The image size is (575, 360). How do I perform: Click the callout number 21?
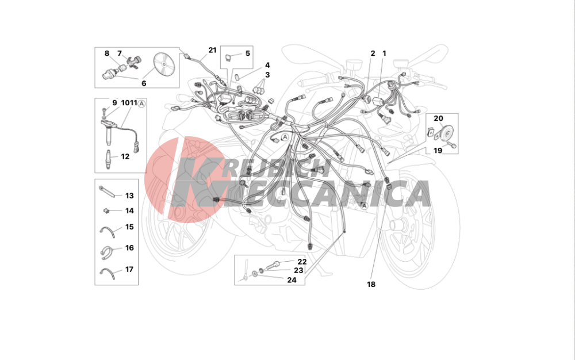pyautogui.click(x=212, y=50)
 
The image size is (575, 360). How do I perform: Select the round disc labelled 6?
pyautogui.click(x=163, y=64)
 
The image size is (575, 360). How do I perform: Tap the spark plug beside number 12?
pyautogui.click(x=108, y=159)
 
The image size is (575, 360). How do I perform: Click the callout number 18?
pyautogui.click(x=371, y=284)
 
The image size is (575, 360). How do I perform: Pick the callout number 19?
pyautogui.click(x=438, y=151)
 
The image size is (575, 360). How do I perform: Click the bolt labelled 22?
pyautogui.click(x=275, y=263)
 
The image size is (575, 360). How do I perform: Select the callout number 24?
pyautogui.click(x=292, y=280)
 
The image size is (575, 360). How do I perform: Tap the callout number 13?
pyautogui.click(x=129, y=196)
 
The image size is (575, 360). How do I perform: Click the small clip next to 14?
pyautogui.click(x=106, y=210)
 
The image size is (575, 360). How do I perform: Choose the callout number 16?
pyautogui.click(x=129, y=248)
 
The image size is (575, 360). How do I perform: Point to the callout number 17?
pyautogui.click(x=129, y=270)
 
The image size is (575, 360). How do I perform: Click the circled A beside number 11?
pyautogui.click(x=141, y=104)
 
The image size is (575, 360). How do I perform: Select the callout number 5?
pyautogui.click(x=247, y=53)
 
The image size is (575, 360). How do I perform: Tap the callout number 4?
pyautogui.click(x=267, y=65)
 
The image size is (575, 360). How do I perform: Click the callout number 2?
pyautogui.click(x=373, y=53)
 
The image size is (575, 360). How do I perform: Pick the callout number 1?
pyautogui.click(x=384, y=53)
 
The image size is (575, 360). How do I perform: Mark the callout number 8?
pyautogui.click(x=107, y=53)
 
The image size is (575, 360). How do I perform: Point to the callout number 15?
pyautogui.click(x=129, y=227)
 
